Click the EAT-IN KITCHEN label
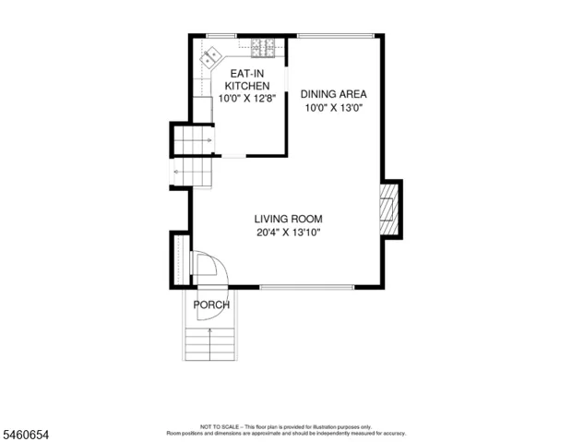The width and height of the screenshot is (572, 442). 247,79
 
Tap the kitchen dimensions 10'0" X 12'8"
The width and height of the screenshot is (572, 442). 247,99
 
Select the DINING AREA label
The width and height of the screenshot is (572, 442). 333,94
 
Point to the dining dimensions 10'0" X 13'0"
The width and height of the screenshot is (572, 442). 335,108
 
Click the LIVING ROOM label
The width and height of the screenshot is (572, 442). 288,219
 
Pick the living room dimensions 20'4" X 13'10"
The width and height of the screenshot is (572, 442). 288,233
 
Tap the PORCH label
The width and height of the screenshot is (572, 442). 211,305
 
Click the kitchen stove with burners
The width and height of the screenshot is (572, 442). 263,48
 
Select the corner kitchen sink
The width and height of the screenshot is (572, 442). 211,57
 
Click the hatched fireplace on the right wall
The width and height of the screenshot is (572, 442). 389,209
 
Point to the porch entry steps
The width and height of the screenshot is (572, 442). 209,344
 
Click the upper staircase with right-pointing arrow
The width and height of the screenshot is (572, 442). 193,140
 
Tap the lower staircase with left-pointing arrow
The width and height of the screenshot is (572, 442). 193,172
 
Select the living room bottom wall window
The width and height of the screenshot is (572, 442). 307,287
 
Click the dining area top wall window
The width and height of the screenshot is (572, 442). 336,36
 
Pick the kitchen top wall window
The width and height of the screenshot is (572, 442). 221,36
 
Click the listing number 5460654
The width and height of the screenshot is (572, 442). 26,435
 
